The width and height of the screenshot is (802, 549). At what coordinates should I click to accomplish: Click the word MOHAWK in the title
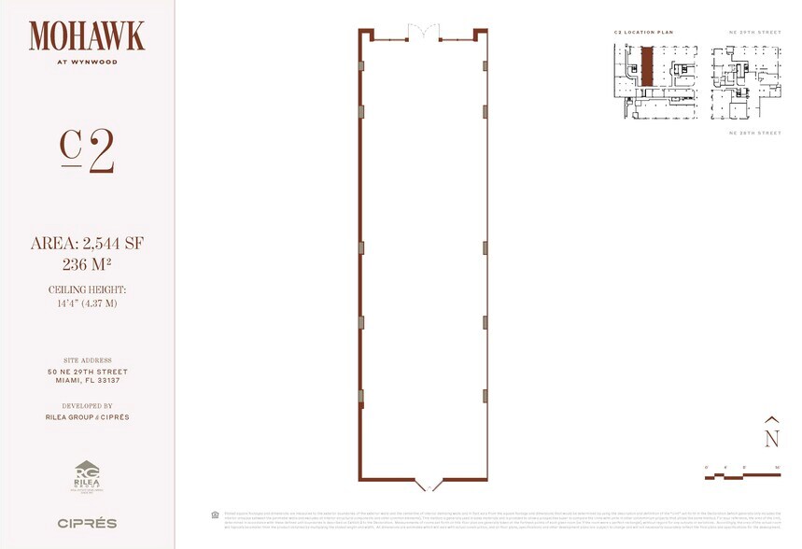[87, 36]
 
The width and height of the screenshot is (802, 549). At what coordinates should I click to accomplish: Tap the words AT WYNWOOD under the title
[87, 64]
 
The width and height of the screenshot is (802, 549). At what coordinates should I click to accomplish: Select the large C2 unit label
[87, 150]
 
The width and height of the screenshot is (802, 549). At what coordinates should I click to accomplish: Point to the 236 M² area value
[87, 264]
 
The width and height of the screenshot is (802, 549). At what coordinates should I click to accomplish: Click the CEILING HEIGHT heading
[87, 290]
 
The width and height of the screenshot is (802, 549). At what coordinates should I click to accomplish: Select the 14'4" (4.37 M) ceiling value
[87, 303]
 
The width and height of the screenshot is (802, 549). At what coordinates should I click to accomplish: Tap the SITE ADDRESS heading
[87, 360]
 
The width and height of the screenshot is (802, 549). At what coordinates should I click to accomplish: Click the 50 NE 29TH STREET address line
[87, 371]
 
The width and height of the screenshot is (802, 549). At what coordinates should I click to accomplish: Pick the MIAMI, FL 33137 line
[87, 381]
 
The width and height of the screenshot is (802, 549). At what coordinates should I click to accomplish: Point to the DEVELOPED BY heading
[87, 406]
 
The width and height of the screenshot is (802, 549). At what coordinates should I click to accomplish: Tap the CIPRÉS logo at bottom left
[87, 523]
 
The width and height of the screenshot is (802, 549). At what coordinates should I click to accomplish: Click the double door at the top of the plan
[423, 34]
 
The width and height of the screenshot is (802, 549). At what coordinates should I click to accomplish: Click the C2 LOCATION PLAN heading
[643, 33]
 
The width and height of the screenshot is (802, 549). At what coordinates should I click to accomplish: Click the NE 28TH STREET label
[754, 134]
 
